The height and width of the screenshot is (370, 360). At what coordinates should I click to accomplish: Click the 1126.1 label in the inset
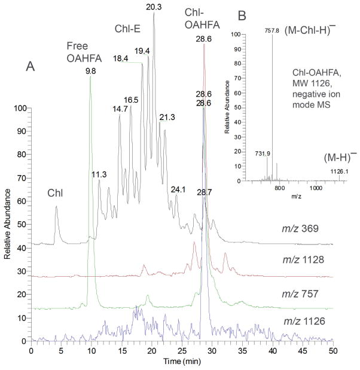pyautogui.click(x=340, y=171)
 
